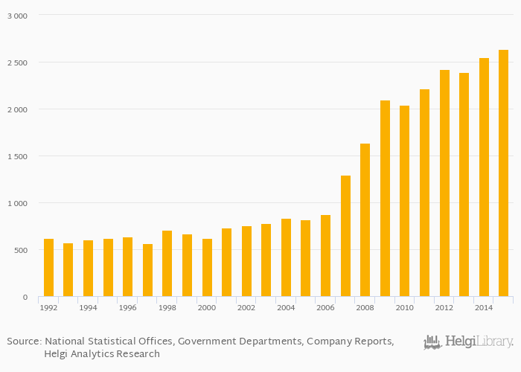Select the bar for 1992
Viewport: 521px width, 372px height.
tap(48, 268)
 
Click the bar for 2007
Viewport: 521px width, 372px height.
tap(345, 236)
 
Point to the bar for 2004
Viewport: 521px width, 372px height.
tap(286, 257)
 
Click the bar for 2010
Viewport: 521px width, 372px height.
tap(404, 201)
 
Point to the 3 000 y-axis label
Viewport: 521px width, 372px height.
tap(16, 16)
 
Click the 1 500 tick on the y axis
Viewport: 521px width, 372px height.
tap(16, 156)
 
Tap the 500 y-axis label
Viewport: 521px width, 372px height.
tap(20, 250)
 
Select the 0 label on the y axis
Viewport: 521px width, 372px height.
tap(25, 297)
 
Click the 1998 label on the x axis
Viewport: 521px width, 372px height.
tap(167, 307)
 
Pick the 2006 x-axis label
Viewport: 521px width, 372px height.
tap(325, 307)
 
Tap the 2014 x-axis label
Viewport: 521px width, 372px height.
tap(484, 307)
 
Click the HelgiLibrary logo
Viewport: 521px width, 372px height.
tap(468, 342)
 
